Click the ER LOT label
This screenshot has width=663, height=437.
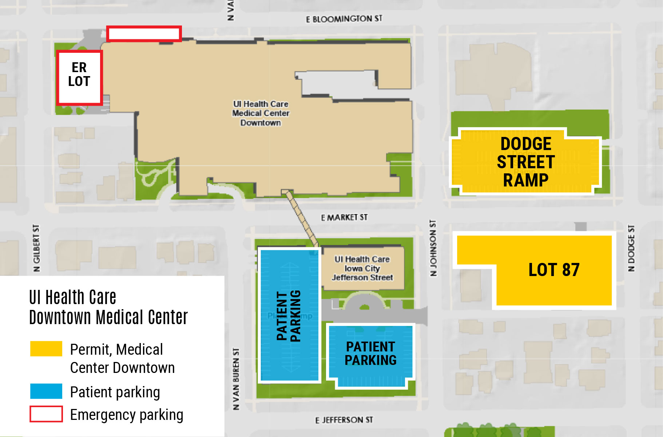[x=79, y=74]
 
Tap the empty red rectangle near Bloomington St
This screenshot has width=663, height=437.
[x=144, y=34]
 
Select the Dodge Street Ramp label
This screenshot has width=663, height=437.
[x=525, y=162]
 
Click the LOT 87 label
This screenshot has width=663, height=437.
[x=553, y=270]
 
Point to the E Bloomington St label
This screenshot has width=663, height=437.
[x=344, y=19]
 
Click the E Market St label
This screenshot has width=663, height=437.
[x=344, y=217]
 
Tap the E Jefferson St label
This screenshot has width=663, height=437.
[x=344, y=420]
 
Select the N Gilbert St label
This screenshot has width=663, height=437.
[x=36, y=248]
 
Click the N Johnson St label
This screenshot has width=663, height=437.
[x=433, y=248]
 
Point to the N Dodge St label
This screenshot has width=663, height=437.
[x=631, y=248]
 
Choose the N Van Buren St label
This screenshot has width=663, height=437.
[x=236, y=379]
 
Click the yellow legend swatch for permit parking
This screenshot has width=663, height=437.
[x=46, y=349]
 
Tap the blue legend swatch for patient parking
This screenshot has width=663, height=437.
[x=46, y=391]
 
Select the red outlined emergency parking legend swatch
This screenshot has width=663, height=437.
[x=46, y=414]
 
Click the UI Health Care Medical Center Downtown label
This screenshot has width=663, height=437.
[x=261, y=113]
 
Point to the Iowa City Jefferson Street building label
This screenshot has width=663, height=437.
[x=362, y=268]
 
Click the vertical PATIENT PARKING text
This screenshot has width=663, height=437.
[x=289, y=316]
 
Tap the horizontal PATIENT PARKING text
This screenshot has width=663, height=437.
[x=370, y=353]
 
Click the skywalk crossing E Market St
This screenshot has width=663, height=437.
[x=301, y=217]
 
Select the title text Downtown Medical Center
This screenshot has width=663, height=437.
[x=108, y=317]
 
